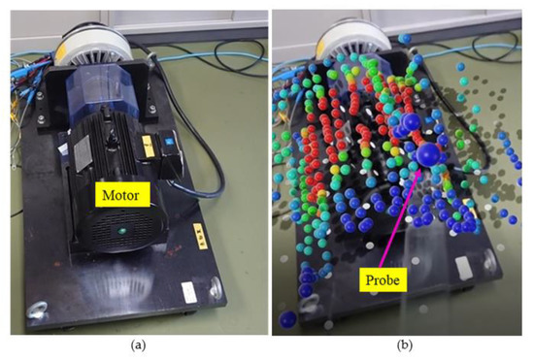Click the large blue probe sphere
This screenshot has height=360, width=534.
click(x=428, y=155)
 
